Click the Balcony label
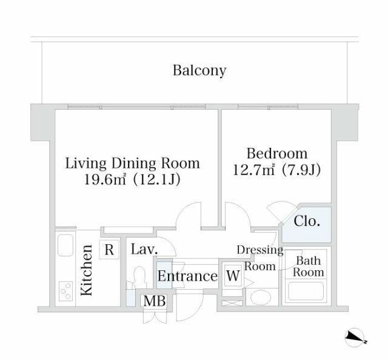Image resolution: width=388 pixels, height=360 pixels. [199, 71]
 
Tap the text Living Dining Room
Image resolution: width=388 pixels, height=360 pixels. [132, 164]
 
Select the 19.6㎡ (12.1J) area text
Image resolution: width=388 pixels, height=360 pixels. [132, 179]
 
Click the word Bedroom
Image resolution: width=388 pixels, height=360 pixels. [277, 154]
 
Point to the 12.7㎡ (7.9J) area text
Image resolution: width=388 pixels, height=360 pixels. [277, 170]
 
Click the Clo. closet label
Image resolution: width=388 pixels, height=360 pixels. [307, 221]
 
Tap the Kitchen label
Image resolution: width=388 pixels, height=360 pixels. [87, 270]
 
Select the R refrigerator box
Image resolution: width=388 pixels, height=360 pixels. [109, 250]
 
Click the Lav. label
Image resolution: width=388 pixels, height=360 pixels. [144, 250]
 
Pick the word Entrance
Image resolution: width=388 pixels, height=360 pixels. [187, 276]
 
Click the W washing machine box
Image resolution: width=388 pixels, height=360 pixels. [233, 276]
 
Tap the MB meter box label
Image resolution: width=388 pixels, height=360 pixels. [155, 301]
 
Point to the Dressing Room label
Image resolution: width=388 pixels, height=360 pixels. [260, 258]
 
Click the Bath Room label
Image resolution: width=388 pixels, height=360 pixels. [309, 267]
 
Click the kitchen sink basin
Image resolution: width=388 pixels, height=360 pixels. [65, 245]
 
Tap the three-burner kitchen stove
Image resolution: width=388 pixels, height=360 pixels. [65, 291]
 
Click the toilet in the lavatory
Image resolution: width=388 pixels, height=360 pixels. [139, 276]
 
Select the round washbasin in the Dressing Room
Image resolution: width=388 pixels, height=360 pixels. [261, 298]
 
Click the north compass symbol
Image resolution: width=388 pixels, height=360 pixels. [355, 338]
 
